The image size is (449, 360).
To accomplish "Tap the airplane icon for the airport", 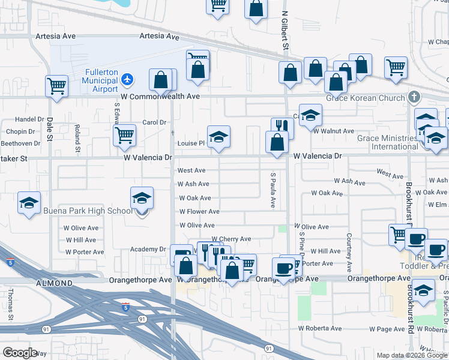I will [x=127, y=79].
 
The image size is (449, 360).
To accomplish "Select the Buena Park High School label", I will [x=88, y=211].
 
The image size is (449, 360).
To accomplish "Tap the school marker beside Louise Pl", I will [x=219, y=137].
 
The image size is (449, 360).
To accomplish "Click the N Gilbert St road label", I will [x=285, y=33].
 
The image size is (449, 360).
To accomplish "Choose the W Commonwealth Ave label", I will [x=160, y=96].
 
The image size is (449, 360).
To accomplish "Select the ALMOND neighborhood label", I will [x=53, y=281].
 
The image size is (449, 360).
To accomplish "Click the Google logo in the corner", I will [x=20, y=352].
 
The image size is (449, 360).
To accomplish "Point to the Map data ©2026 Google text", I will [x=412, y=355].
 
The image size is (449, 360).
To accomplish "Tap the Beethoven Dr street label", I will [x=20, y=143].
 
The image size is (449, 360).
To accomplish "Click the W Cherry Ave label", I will [x=231, y=239].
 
